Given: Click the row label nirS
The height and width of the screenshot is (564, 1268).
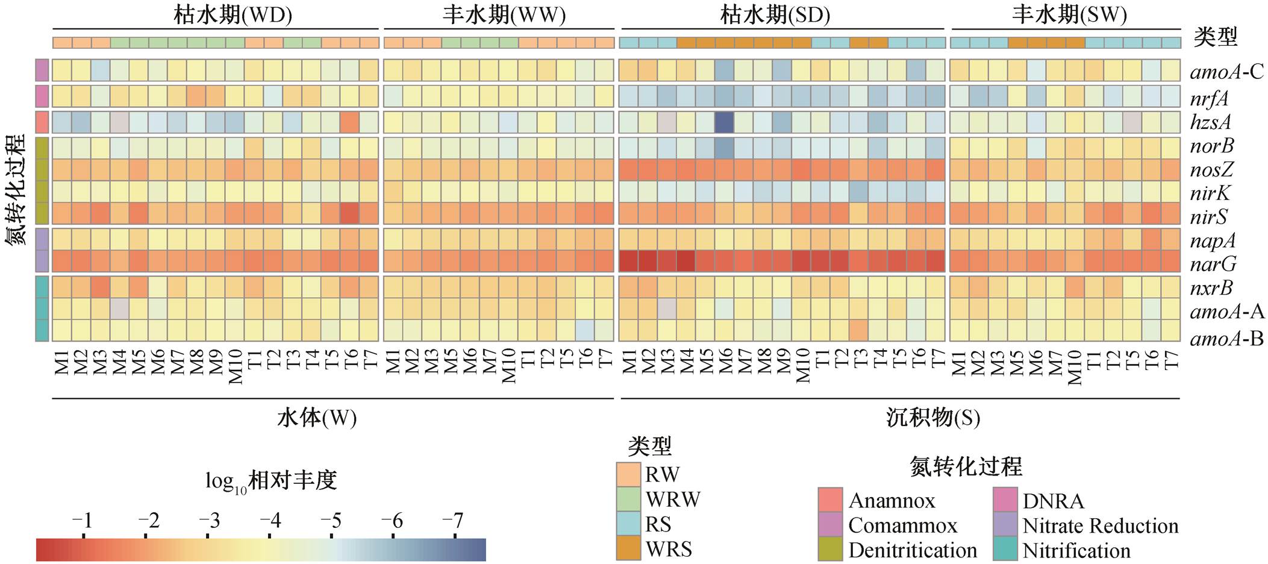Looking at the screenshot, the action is click(x=1209, y=217).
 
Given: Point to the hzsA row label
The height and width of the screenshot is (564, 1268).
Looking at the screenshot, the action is click(x=1211, y=122).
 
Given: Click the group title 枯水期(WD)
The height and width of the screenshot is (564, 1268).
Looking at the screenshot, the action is click(x=233, y=14).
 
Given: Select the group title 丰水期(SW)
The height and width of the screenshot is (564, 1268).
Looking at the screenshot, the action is click(x=1069, y=14).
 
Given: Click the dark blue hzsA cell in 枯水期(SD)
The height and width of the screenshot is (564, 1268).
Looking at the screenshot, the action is click(x=725, y=122).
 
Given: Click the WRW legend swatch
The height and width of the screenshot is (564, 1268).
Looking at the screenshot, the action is click(x=628, y=500).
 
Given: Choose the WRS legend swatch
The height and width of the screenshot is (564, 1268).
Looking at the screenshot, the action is click(x=628, y=548).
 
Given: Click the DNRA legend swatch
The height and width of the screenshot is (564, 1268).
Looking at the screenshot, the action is click(x=1005, y=500).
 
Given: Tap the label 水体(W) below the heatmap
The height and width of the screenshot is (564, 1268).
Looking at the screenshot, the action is click(x=317, y=418).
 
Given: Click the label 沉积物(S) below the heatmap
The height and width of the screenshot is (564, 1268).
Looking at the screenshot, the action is click(x=933, y=418).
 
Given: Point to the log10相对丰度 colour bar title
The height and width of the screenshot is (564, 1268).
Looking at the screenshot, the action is click(x=271, y=481).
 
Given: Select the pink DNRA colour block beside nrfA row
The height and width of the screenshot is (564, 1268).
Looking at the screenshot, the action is click(x=42, y=96).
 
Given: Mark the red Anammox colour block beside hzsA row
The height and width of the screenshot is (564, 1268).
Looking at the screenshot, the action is click(x=42, y=122).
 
